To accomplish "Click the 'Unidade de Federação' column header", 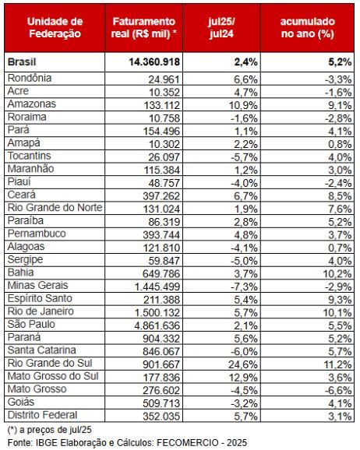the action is [55, 27].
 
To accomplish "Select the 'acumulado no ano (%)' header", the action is [308, 27].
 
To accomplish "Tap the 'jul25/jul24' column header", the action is [221, 27].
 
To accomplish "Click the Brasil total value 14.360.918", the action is [154, 62].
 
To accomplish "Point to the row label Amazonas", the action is [32, 104].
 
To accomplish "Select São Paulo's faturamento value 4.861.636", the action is [157, 325].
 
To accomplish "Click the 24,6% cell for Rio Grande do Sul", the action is [243, 364].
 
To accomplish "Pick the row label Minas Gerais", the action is [37, 285].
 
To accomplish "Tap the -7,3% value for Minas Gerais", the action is [244, 287].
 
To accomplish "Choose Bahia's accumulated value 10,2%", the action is [337, 274].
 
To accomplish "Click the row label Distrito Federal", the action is [42, 415].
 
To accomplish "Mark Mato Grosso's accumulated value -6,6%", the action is [338, 390].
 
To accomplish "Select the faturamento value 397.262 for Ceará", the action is [161, 196].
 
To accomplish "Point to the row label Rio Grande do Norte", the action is [55, 208].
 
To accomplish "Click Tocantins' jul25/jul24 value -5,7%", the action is [244, 157].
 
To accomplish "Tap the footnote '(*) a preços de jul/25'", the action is [49, 430].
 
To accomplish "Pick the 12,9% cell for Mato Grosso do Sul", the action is [243, 378].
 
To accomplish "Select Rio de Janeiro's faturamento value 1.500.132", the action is [157, 312].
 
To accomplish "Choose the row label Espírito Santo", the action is [40, 298].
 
